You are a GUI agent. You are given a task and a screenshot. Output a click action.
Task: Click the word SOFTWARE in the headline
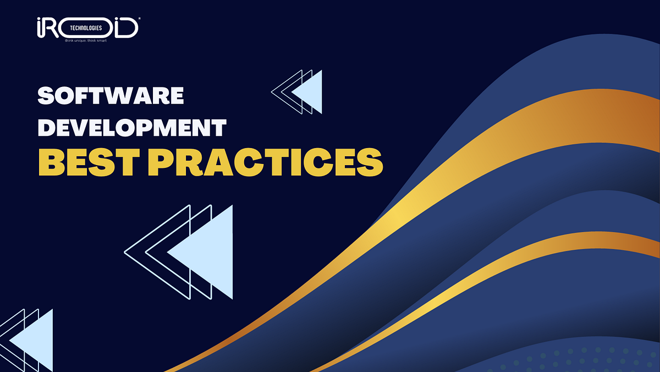pos(111,96)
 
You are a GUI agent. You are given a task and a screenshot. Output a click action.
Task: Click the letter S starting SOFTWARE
pos(46,96)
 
